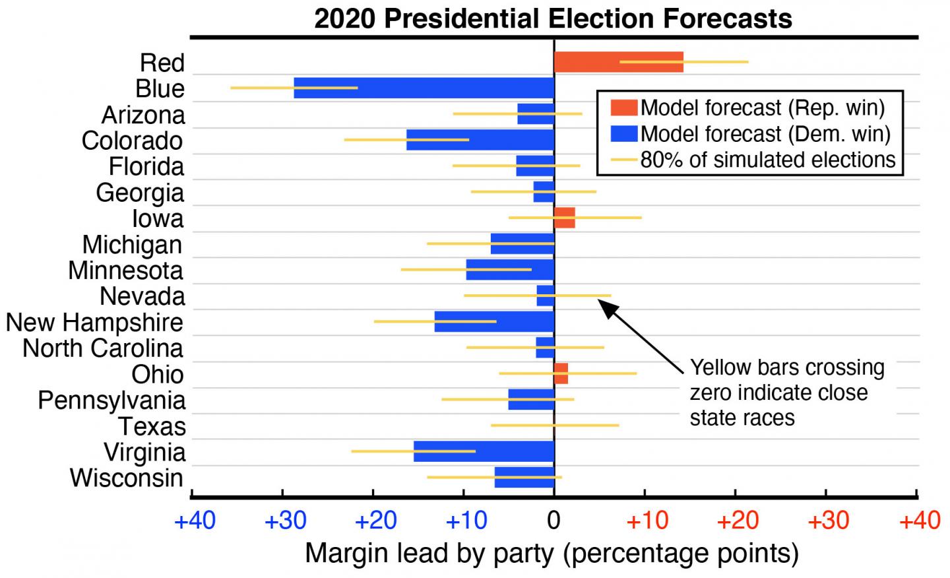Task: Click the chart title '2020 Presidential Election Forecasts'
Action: [553, 18]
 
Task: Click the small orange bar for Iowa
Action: [564, 218]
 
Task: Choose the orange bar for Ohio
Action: [561, 373]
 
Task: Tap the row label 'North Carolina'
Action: [103, 348]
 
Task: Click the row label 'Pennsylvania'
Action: [111, 401]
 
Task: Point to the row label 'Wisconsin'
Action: [126, 478]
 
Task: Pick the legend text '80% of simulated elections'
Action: [768, 160]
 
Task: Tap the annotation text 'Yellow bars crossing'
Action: [787, 368]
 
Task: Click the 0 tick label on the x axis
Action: [554, 521]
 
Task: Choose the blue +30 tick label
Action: [285, 521]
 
